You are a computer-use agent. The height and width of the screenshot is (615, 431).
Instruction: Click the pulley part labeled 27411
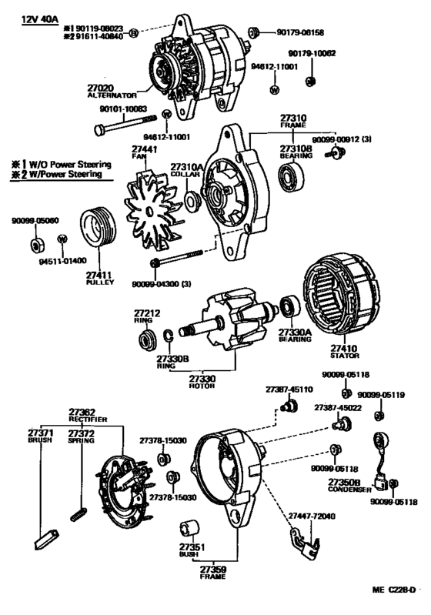(x=98, y=228)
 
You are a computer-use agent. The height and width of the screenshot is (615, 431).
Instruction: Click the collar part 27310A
(x=192, y=202)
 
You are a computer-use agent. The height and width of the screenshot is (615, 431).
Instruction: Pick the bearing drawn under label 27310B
(x=292, y=177)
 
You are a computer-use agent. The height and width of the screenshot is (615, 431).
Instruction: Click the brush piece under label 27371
(x=46, y=540)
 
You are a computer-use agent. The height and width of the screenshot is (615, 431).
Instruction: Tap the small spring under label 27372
(x=78, y=515)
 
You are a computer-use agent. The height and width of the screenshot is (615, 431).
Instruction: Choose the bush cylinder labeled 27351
(x=189, y=530)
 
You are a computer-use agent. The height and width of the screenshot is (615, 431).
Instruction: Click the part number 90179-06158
(x=300, y=32)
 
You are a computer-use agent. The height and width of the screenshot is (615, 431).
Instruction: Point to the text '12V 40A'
(x=39, y=19)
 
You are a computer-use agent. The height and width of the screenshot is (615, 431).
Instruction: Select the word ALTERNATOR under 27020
(x=112, y=95)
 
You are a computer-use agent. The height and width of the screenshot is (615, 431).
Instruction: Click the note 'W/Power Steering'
(x=65, y=174)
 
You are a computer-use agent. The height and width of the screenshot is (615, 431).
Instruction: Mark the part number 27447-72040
(x=312, y=516)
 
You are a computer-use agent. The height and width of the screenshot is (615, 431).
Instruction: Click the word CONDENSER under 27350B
(x=349, y=490)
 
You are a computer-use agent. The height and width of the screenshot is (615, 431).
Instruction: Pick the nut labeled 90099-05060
(x=37, y=245)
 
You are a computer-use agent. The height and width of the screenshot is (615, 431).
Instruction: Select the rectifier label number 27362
(x=82, y=413)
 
